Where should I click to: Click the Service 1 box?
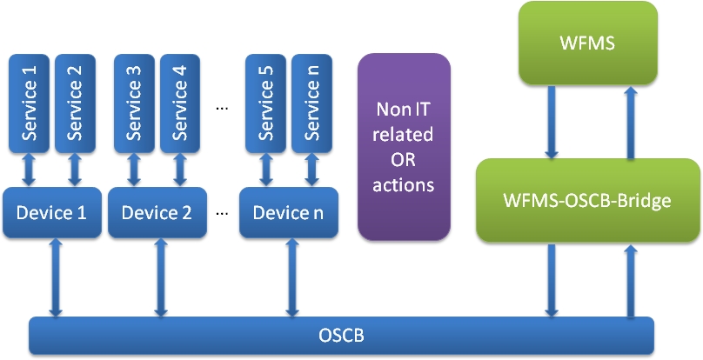tap(29, 103)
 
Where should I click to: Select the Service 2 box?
tap(76, 103)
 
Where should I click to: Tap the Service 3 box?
tap(135, 103)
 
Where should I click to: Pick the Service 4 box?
tap(180, 103)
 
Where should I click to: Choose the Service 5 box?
tap(266, 103)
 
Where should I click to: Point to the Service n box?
tap(312, 103)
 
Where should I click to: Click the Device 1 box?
tap(52, 212)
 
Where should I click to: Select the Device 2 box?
tap(157, 212)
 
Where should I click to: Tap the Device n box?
tap(289, 212)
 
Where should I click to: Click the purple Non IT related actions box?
tap(404, 147)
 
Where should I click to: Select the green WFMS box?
tap(588, 43)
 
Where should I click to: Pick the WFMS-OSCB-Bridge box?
tap(588, 200)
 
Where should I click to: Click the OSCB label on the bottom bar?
tap(341, 336)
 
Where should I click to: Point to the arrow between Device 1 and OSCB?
tap(56, 277)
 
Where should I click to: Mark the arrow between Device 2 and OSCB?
tap(161, 277)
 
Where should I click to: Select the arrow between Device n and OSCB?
tap(291, 277)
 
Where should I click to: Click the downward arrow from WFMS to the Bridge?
tap(552, 122)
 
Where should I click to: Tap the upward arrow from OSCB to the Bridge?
tap(631, 280)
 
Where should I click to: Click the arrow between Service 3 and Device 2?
tap(134, 170)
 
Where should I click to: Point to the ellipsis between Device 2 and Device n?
tap(222, 213)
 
